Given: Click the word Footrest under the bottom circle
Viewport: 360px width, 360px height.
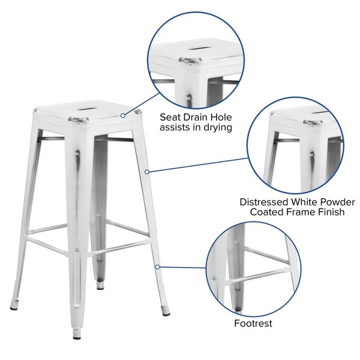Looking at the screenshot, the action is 253,323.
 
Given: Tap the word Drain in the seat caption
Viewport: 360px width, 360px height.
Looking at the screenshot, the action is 194,118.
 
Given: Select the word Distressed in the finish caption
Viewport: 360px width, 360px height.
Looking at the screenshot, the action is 264,202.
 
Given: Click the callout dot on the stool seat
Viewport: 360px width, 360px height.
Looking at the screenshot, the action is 123,115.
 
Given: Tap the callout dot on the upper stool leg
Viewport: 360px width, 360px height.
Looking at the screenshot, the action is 147,172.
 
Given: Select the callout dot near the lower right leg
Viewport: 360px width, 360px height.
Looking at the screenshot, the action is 157,267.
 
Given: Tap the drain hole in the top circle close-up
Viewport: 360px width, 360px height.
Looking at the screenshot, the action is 199,48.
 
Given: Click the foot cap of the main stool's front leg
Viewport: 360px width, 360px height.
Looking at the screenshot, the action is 77,334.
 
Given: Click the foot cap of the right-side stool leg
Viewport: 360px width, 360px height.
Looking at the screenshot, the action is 165,311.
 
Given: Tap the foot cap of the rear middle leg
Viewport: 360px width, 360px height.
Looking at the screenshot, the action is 100,284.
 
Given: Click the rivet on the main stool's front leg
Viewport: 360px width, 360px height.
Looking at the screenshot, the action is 77,152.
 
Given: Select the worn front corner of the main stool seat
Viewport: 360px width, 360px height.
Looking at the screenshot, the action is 78,121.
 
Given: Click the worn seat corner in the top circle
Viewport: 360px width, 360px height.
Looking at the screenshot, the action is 190,61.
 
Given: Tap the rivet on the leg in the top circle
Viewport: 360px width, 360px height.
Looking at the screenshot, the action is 189,97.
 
